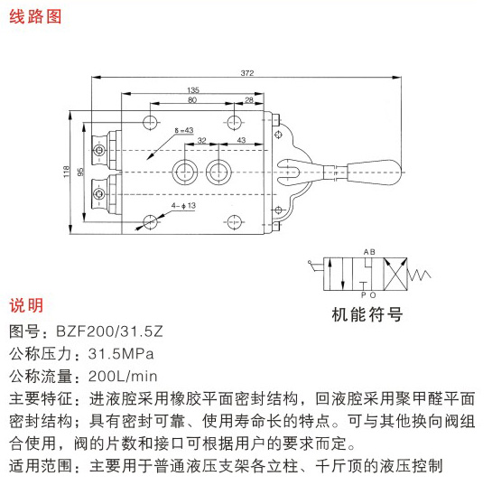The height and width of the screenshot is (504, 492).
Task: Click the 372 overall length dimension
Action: click(x=247, y=73)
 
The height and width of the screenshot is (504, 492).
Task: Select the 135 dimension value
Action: click(x=193, y=89)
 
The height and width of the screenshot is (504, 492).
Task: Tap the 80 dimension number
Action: click(x=192, y=99)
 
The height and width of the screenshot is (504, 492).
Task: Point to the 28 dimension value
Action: click(x=249, y=100)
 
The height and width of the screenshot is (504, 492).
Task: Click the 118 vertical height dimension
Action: click(x=66, y=172)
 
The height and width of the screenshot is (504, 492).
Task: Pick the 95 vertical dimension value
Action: click(x=80, y=172)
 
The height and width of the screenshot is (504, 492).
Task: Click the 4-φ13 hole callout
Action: click(x=183, y=205)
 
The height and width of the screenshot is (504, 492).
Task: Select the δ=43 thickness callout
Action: click(x=184, y=130)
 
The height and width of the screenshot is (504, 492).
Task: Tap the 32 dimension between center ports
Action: click(x=202, y=140)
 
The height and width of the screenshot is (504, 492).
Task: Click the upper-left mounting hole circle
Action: click(x=150, y=122)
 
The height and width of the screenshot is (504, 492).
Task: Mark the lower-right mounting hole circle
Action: click(x=234, y=222)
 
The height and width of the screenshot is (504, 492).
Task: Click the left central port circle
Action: click(x=184, y=172)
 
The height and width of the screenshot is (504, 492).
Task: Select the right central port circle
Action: click(x=218, y=172)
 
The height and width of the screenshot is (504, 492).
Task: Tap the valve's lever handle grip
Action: click(x=375, y=172)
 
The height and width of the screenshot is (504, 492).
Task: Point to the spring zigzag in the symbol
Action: click(x=419, y=275)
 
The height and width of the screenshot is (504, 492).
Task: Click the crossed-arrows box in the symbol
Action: click(x=395, y=275)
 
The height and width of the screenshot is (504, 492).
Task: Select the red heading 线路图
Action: click(x=35, y=17)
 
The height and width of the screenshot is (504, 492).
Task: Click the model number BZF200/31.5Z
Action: click(x=109, y=331)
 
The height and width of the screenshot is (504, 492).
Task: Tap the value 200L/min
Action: click(x=123, y=376)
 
